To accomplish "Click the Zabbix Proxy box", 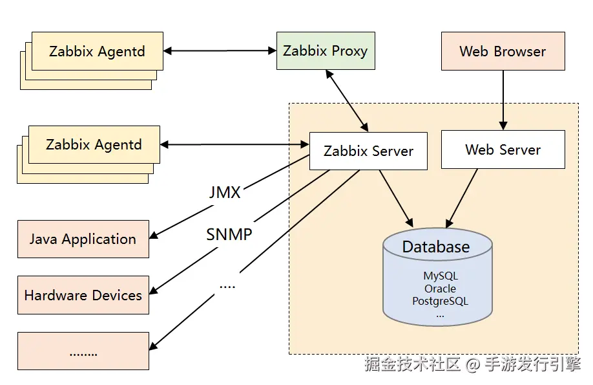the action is click(326, 50).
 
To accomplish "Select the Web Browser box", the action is click(503, 51).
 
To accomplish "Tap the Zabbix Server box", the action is click(368, 151).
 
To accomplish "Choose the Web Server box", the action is click(503, 149).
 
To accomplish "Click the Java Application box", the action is click(83, 239).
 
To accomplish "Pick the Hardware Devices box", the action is click(83, 295).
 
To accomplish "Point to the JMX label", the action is click(225, 192).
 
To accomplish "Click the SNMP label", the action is click(229, 234).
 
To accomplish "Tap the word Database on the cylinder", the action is click(436, 247).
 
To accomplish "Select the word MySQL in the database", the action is click(440, 276).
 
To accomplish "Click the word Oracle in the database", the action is click(440, 289).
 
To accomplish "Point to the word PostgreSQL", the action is click(440, 302).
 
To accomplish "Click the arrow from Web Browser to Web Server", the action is click(503, 100).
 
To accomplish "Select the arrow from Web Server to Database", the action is click(461, 198).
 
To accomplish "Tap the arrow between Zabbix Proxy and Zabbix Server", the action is click(347, 101).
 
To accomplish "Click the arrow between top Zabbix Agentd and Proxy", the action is click(220, 50).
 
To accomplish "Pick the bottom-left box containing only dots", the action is click(83, 351).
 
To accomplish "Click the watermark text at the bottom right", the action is click(472, 364).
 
